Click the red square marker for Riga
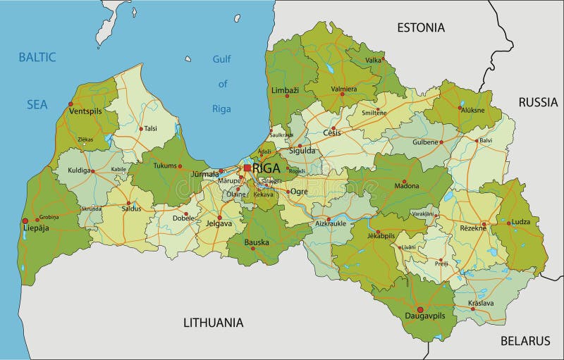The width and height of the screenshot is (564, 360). pyautogui.click(x=247, y=168)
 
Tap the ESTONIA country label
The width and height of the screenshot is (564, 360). pyautogui.click(x=421, y=28)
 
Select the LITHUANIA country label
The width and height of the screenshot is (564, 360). pyautogui.click(x=213, y=323)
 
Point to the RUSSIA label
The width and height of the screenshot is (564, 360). pyautogui.click(x=538, y=102)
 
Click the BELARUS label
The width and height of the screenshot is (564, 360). pyautogui.click(x=525, y=341)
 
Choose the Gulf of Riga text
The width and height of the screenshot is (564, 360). pyautogui.click(x=222, y=84)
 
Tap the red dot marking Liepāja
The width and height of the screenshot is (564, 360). pyautogui.click(x=25, y=221)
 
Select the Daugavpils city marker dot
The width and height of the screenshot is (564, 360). pyautogui.click(x=419, y=309)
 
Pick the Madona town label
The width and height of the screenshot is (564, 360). pyautogui.click(x=406, y=186)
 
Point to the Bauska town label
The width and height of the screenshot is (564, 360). pyautogui.click(x=256, y=242)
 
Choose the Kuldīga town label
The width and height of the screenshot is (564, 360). pyautogui.click(x=79, y=170)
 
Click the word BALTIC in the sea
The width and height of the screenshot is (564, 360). pyautogui.click(x=37, y=57)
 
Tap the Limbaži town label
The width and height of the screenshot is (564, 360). pyautogui.click(x=284, y=90)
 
